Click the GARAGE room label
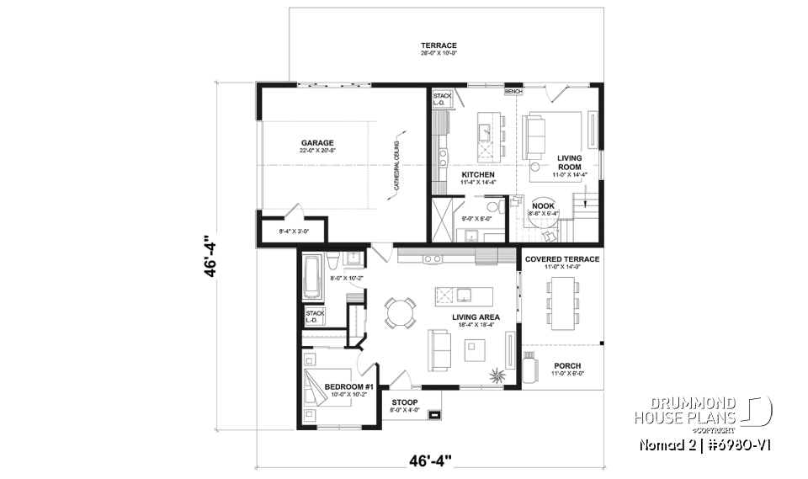click(x=317, y=142)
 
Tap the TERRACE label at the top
click(x=439, y=45)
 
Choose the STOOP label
click(x=405, y=402)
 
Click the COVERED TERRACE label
click(x=562, y=259)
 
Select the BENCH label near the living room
click(x=513, y=89)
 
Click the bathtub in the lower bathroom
click(x=313, y=279)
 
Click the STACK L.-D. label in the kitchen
click(x=442, y=100)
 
